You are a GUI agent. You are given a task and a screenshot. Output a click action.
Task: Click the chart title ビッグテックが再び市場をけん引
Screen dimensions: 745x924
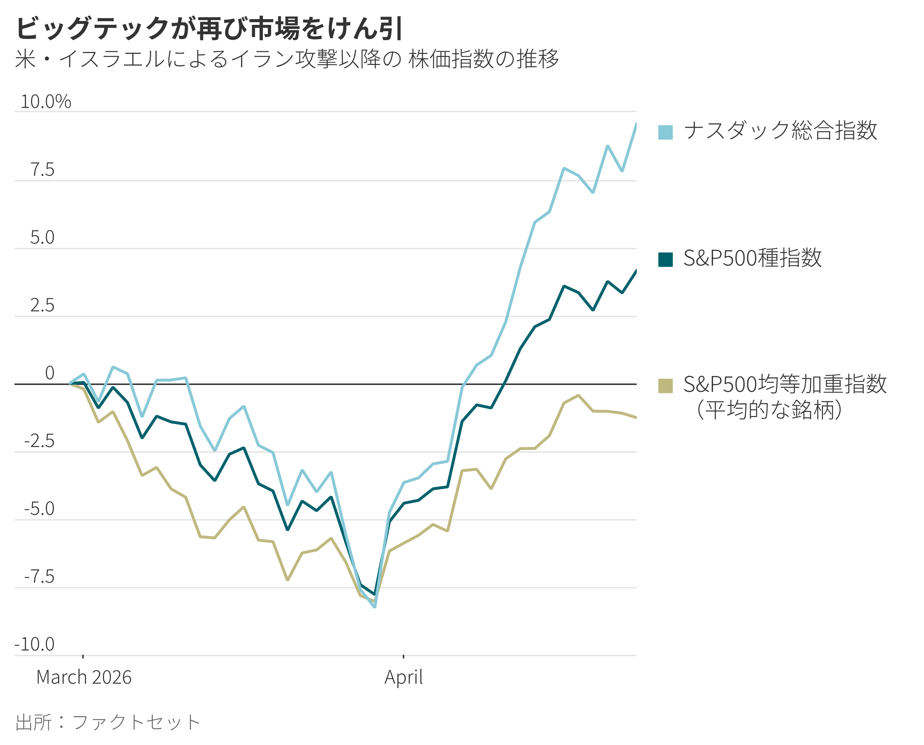click(x=209, y=29)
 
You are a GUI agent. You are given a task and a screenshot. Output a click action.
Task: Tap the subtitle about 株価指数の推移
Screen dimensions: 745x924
click(x=287, y=59)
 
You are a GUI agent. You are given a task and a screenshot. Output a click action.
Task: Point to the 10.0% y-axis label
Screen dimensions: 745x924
click(x=46, y=102)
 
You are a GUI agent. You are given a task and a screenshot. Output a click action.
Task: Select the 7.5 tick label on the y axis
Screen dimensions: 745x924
click(x=43, y=170)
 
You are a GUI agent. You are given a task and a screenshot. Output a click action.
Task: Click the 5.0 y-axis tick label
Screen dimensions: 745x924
click(x=43, y=238)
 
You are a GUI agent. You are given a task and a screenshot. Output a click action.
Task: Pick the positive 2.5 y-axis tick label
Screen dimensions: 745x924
click(x=43, y=306)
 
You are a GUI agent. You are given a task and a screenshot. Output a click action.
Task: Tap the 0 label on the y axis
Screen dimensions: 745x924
click(x=50, y=373)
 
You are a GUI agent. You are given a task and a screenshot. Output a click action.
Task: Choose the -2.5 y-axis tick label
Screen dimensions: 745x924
click(x=39, y=441)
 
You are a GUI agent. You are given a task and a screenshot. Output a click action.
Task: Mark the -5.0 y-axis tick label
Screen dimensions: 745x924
click(x=39, y=509)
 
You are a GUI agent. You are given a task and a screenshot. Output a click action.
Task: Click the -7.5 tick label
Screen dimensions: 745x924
click(x=39, y=577)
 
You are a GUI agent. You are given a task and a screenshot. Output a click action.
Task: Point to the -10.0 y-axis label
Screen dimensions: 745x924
click(x=35, y=645)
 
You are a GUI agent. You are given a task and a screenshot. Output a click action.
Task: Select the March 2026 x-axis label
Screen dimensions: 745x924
click(x=84, y=678)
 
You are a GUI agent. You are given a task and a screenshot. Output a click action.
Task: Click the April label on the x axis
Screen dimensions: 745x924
click(x=403, y=678)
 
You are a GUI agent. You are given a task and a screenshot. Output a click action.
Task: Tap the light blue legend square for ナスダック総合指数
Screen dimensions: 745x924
click(x=665, y=132)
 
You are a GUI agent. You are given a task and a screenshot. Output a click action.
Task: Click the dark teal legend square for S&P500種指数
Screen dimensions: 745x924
click(x=665, y=260)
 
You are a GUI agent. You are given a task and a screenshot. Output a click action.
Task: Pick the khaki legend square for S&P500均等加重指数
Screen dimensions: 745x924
click(x=665, y=385)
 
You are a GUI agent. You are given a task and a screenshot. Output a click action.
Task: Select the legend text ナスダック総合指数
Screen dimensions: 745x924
click(x=780, y=131)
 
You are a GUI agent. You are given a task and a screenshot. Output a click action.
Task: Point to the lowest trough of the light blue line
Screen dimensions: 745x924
click(x=374, y=607)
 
